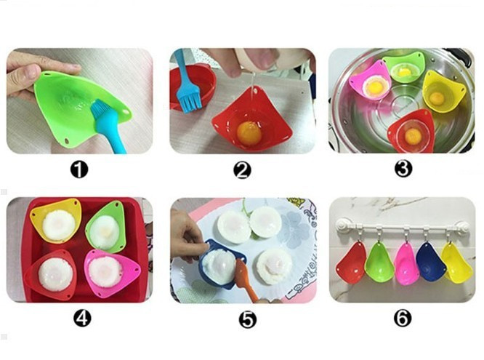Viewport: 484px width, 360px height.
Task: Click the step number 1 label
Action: (79, 169)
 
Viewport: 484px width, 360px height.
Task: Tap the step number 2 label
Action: (242, 170)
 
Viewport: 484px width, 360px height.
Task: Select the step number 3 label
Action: (403, 169)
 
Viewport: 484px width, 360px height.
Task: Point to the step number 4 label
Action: (82, 318)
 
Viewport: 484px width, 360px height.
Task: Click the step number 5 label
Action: (248, 319)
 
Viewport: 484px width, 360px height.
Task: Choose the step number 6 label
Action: (403, 318)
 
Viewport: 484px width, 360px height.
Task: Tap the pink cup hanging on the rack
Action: (406, 263)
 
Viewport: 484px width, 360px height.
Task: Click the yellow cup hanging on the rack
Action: (456, 263)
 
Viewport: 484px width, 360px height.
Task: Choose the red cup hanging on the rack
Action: (350, 263)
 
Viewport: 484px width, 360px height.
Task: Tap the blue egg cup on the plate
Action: (220, 264)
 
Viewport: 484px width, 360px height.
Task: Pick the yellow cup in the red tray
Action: (56, 220)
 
